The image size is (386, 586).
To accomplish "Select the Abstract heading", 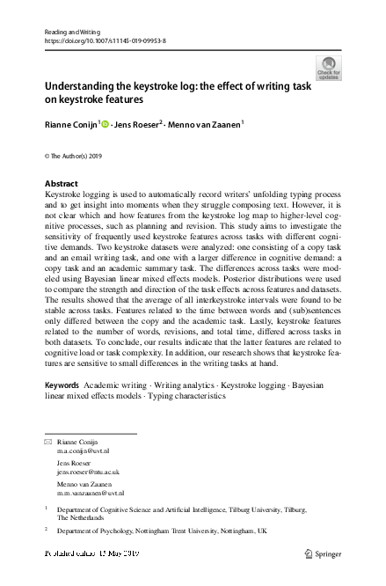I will [x=61, y=184].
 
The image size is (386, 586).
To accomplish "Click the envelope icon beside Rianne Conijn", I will [x=47, y=441].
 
